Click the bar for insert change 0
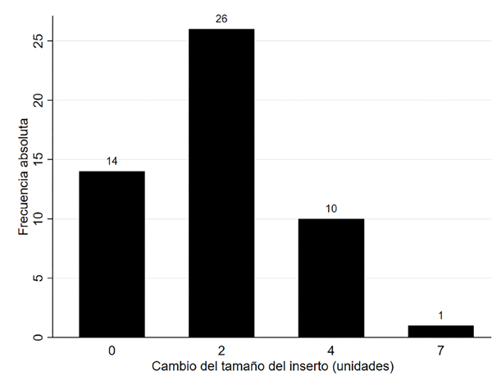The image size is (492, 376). point(112,254)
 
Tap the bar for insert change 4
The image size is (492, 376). point(331,277)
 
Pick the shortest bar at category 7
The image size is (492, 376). point(440,331)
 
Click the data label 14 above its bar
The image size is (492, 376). point(112,162)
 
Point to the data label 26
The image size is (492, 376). point(221,19)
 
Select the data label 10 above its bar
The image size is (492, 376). point(331,209)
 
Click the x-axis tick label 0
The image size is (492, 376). point(112,351)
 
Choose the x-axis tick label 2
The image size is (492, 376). point(221,351)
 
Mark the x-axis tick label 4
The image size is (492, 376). point(331,351)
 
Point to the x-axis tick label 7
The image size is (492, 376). point(440,351)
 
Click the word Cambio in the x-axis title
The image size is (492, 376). point(173,365)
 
